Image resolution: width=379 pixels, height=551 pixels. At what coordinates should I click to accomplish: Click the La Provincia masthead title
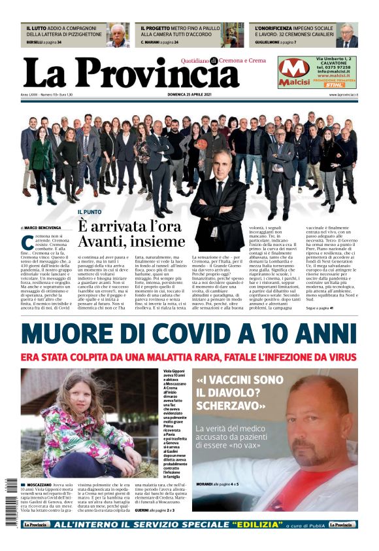click(131, 73)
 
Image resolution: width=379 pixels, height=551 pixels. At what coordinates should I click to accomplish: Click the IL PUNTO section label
click(90, 212)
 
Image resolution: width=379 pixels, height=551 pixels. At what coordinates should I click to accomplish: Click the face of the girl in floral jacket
click(71, 397)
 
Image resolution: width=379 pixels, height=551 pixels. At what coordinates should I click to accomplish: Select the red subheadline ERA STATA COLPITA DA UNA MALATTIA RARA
click(189, 357)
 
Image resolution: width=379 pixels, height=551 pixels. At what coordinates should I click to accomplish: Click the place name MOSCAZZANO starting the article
click(41, 486)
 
